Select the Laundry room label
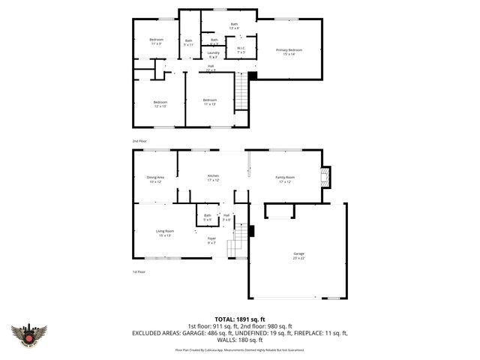[214, 55]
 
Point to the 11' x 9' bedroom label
[156, 41]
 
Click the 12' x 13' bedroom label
[160, 103]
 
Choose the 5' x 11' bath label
[189, 43]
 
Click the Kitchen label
[213, 178]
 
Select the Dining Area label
[155, 178]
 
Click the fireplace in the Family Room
[325, 177]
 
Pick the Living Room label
[164, 232]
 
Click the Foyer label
[211, 240]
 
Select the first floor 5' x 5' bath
[208, 217]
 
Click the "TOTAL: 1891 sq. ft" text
[240, 318]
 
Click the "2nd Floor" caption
[139, 140]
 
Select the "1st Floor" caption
[139, 271]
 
